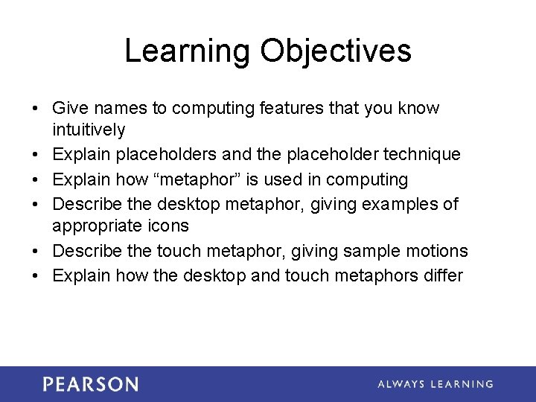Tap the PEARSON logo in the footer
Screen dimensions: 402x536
(90, 384)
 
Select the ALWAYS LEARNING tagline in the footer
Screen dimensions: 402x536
(435, 384)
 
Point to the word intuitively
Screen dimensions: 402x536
(89, 130)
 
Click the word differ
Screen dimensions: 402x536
(442, 275)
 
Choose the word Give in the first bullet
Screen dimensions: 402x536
(69, 109)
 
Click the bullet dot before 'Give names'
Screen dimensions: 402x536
(36, 109)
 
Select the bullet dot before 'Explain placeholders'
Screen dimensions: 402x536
(36, 155)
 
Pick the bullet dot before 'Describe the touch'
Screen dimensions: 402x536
(36, 251)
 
